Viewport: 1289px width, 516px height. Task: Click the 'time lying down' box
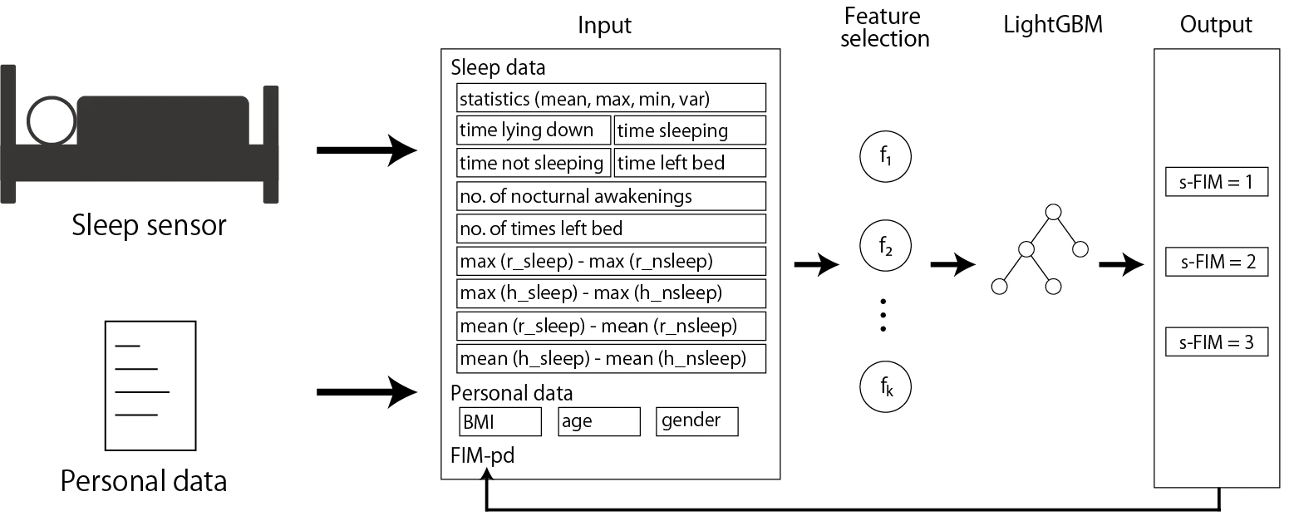[x=534, y=130]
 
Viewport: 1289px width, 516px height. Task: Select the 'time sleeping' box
[x=690, y=130]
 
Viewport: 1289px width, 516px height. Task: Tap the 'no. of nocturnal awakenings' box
[x=611, y=196]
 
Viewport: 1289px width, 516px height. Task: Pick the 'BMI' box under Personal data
[x=500, y=421]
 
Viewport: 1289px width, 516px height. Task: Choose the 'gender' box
[x=697, y=421]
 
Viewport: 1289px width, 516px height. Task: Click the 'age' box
[x=599, y=421]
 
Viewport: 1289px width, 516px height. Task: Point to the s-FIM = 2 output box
[x=1217, y=262]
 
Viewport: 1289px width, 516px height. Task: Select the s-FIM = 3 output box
[x=1217, y=342]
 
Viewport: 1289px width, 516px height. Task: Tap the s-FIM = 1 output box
[x=1217, y=182]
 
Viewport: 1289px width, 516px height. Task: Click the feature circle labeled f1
[x=885, y=156]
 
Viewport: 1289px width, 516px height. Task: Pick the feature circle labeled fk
[x=885, y=386]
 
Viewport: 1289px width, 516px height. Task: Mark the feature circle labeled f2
[x=885, y=246]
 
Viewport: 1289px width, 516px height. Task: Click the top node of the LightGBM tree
[x=1053, y=212]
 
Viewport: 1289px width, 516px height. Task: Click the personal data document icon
[x=150, y=386]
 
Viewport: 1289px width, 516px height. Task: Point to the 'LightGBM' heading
[x=1052, y=25]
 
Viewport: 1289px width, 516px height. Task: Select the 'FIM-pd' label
[x=482, y=455]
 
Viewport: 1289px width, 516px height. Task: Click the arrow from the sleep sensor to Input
[x=367, y=150]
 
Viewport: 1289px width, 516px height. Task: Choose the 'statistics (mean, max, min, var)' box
[x=611, y=98]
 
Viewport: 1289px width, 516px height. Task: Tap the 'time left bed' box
[x=690, y=163]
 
